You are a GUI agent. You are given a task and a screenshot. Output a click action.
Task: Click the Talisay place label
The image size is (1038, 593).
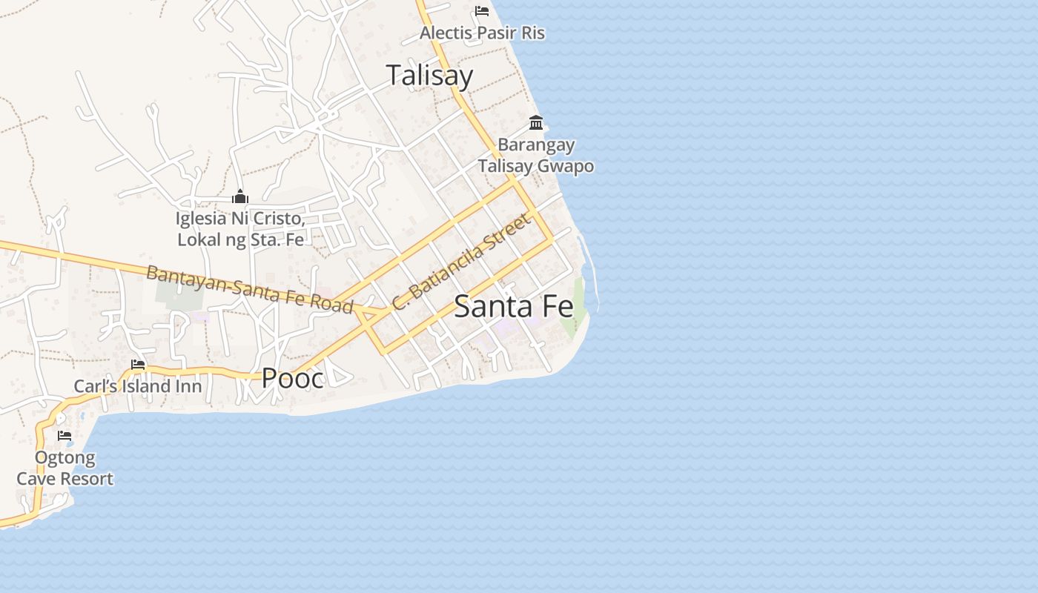click(429, 76)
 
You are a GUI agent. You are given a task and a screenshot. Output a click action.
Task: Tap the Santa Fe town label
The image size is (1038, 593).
click(514, 306)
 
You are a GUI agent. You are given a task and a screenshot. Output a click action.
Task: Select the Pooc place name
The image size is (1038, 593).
click(293, 379)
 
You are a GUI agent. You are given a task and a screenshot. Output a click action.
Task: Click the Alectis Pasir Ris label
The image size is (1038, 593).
click(482, 33)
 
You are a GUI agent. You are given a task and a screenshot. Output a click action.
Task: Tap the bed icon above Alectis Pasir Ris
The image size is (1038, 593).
click(482, 11)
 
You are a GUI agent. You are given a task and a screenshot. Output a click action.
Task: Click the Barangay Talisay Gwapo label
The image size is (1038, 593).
click(536, 156)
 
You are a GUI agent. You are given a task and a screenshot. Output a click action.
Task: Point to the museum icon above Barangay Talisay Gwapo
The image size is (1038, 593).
click(536, 122)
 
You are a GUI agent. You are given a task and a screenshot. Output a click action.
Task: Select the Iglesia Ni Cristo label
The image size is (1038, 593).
click(241, 229)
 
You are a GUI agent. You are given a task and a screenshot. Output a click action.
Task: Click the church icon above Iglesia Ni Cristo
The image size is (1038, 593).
click(239, 197)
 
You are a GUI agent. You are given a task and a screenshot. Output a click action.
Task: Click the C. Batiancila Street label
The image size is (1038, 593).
click(461, 262)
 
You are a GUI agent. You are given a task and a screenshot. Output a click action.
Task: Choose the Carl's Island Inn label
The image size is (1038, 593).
click(138, 386)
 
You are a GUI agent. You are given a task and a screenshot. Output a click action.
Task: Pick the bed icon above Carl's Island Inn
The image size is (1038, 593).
click(138, 364)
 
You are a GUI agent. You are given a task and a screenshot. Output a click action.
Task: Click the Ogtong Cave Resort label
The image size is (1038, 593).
click(65, 468)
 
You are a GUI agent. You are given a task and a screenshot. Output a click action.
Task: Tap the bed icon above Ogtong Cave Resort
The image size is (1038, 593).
click(65, 436)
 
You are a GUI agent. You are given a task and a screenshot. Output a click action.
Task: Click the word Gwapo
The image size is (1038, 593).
click(566, 166)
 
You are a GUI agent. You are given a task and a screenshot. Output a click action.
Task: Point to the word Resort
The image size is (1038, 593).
click(87, 479)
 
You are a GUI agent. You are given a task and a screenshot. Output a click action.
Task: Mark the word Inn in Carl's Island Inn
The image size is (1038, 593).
click(188, 386)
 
